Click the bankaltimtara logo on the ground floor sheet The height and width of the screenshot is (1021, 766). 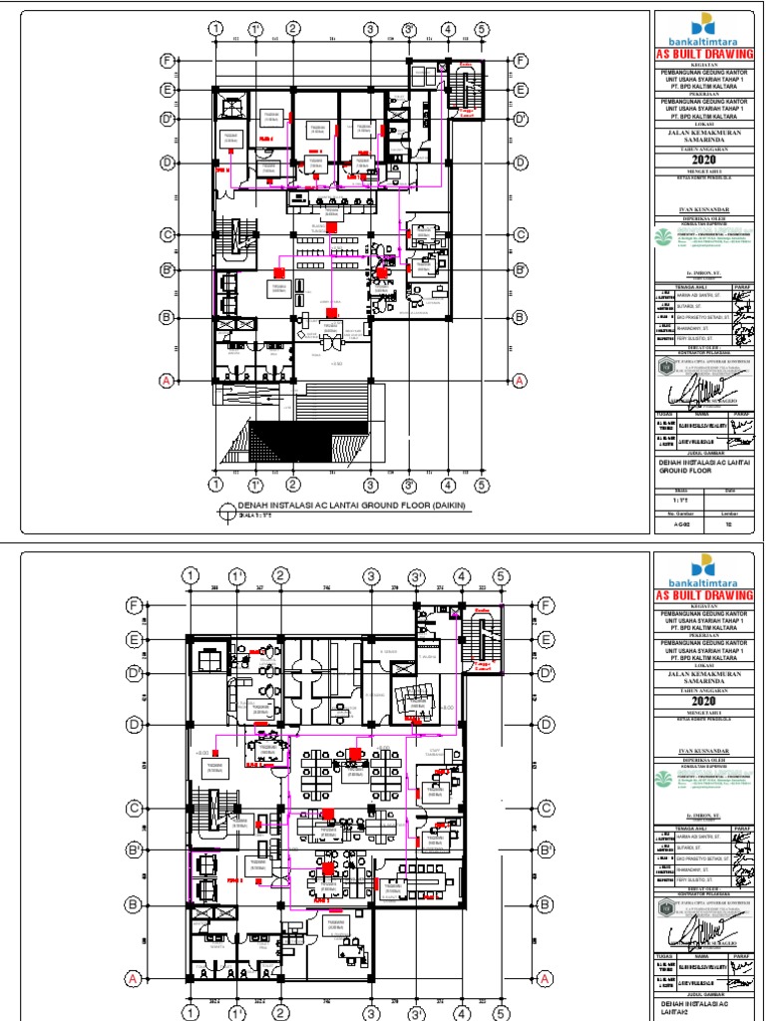tap(707, 29)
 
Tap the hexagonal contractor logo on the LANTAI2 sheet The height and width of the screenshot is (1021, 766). tap(664, 905)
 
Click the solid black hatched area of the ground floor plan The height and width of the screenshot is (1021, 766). tap(306, 439)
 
